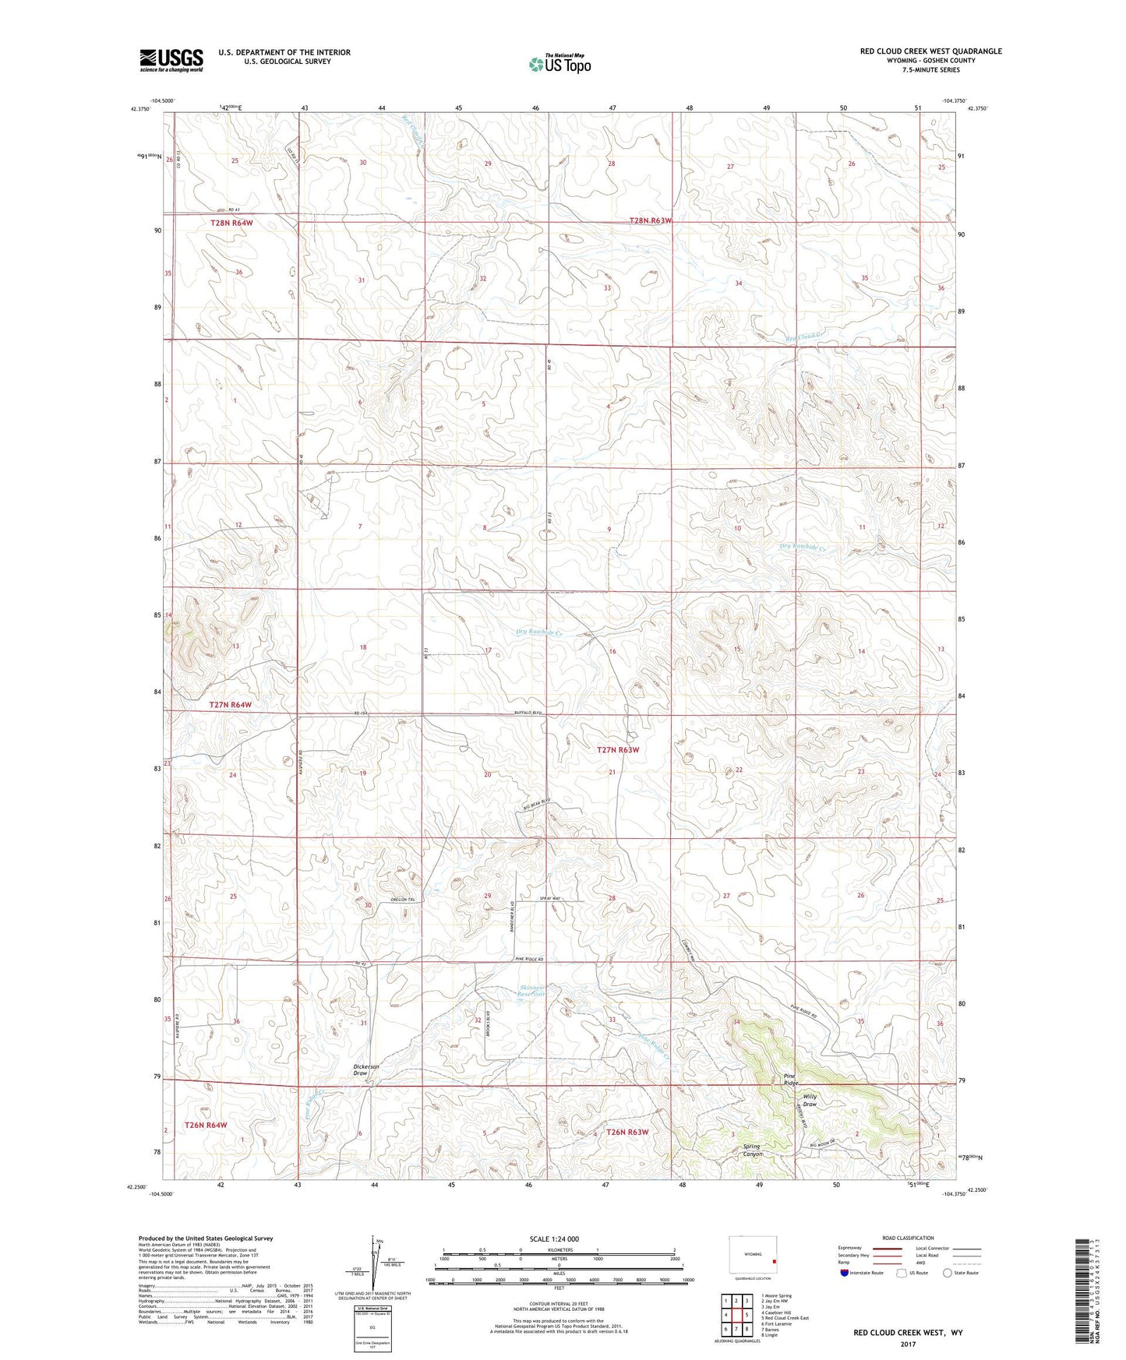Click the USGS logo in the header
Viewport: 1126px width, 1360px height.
(171, 60)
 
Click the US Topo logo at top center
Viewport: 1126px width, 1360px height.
(559, 63)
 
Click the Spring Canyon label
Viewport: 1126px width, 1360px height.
(751, 1150)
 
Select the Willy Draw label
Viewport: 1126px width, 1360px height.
(810, 1101)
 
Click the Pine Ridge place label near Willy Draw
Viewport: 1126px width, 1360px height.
(791, 1080)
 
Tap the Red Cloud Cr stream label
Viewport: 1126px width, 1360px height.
(806, 336)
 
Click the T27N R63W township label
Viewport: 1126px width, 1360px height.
(618, 749)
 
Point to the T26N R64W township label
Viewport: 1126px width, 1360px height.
(206, 1125)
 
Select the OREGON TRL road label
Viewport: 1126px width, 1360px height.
(405, 900)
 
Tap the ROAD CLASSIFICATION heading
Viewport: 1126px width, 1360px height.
(909, 1238)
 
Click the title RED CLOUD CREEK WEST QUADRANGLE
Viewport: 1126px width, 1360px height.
(930, 51)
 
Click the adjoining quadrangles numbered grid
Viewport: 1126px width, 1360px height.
(736, 1316)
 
